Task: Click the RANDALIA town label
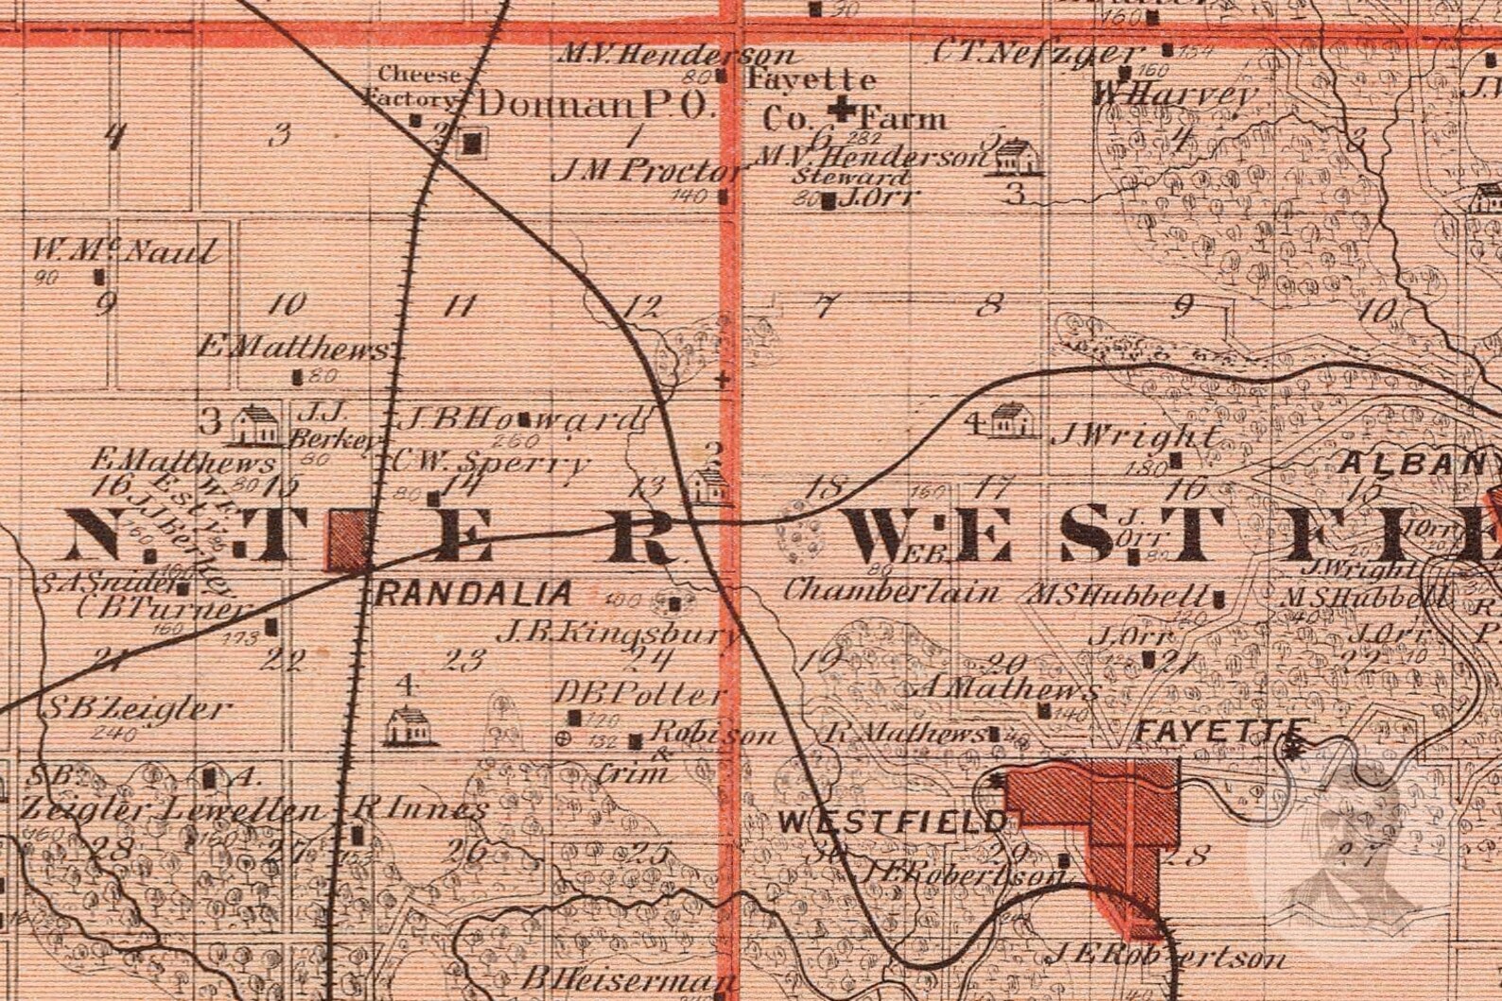[x=474, y=594]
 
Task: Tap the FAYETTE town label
[x=1220, y=731]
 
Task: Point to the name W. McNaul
[x=125, y=251]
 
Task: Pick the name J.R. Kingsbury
[x=620, y=633]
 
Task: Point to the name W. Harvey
[x=1175, y=95]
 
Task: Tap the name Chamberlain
[x=891, y=592]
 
